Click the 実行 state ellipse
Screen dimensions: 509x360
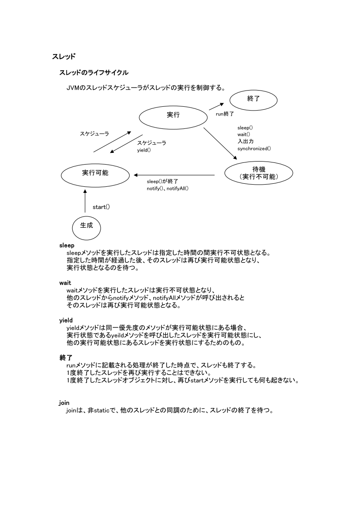173,115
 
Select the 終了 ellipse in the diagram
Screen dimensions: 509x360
253,99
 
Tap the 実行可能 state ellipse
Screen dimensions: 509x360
95,173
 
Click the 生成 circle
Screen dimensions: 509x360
86,226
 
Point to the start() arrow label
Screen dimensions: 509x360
101,207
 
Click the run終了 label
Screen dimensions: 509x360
225,114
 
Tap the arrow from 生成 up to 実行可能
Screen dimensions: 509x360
85,201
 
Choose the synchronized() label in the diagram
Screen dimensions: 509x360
254,148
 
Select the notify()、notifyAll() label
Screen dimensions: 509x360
168,188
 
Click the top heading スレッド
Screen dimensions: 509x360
64,56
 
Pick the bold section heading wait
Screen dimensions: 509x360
65,283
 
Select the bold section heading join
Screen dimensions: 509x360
64,403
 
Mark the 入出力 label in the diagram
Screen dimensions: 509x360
246,142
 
